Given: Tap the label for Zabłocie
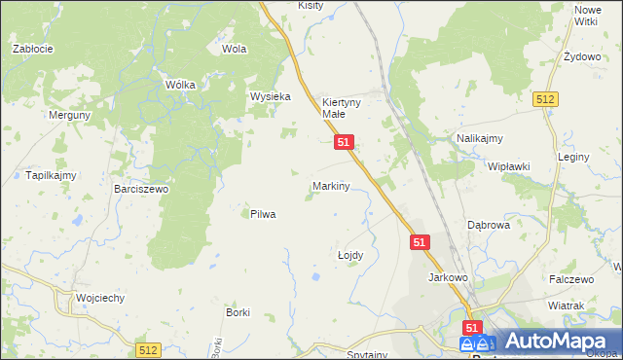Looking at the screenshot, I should tap(32, 48).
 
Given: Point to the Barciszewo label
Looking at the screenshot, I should tap(141, 190).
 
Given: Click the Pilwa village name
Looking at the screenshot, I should tap(263, 214).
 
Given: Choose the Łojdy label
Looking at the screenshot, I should tap(349, 255).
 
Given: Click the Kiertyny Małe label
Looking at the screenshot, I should tap(342, 107).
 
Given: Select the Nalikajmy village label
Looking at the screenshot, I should tap(480, 139).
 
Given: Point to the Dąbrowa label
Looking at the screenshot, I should tap(489, 224).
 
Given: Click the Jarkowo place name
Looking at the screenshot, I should tap(449, 277).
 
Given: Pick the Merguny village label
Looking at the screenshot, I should tap(70, 115).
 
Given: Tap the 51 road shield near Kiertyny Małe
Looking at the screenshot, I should tap(344, 142).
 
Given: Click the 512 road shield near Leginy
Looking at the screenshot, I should tap(545, 99).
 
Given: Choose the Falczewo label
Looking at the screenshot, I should tap(571, 279).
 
